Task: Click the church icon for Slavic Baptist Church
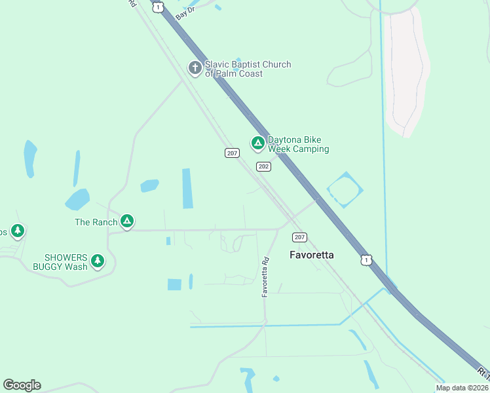coord(195,68)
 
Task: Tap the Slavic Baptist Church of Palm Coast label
coord(248,69)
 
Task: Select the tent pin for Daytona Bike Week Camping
coord(258,143)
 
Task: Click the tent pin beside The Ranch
coord(127,222)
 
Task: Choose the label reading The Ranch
coord(96,223)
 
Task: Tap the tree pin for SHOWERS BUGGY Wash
coord(98,261)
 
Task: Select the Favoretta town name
coord(312,255)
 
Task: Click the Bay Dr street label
coord(186,11)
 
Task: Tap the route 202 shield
coord(263,166)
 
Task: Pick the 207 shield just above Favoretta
coord(299,237)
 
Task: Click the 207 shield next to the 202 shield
coord(232,153)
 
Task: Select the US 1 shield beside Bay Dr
coord(157,6)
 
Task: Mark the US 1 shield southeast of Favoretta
coord(366,260)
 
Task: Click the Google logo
coord(22,385)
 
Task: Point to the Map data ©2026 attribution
coord(462,388)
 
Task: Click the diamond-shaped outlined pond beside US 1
coord(345,189)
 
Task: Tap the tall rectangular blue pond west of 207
coord(187,189)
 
